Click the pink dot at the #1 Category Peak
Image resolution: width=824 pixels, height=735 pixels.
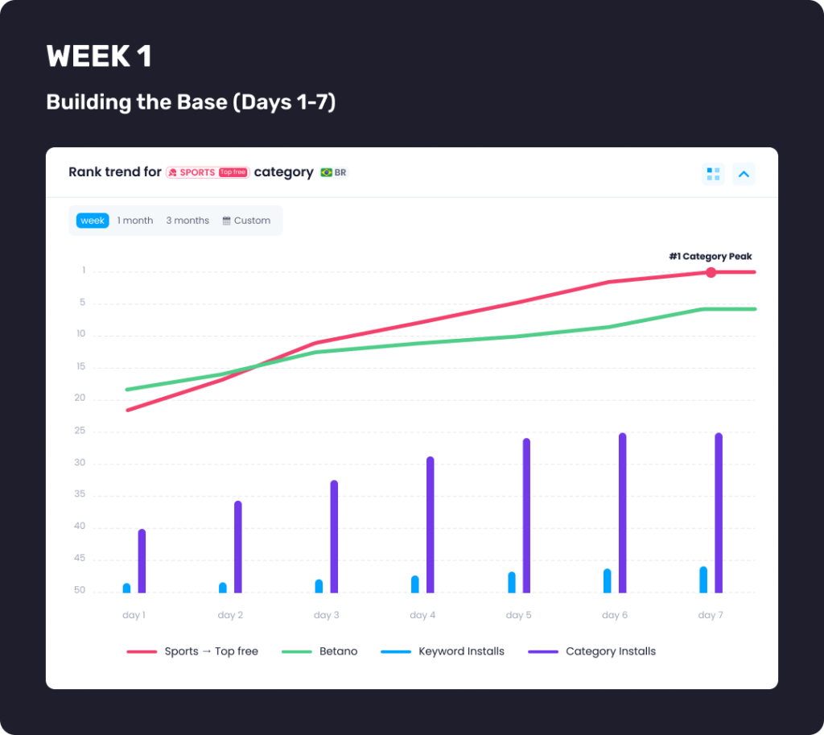pyautogui.click(x=711, y=272)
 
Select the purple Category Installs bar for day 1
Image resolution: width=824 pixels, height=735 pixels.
pyautogui.click(x=142, y=561)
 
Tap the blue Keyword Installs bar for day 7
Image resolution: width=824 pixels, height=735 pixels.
pyautogui.click(x=703, y=580)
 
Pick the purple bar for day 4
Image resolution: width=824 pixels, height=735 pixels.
pyautogui.click(x=431, y=525)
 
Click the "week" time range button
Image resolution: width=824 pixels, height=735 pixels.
pyautogui.click(x=93, y=221)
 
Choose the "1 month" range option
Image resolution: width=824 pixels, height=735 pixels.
pyautogui.click(x=135, y=221)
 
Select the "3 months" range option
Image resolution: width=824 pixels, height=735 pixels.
pyautogui.click(x=187, y=221)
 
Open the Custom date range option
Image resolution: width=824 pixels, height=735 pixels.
pyautogui.click(x=246, y=221)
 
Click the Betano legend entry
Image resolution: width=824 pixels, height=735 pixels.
pyautogui.click(x=338, y=651)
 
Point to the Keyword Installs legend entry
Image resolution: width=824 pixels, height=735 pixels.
pyautogui.click(x=461, y=651)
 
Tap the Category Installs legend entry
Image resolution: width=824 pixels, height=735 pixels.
pyautogui.click(x=610, y=651)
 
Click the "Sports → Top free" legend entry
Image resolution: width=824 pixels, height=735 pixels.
pyautogui.click(x=211, y=651)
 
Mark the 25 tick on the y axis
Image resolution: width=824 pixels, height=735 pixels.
pyautogui.click(x=80, y=432)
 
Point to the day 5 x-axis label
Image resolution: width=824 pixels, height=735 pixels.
pyautogui.click(x=518, y=615)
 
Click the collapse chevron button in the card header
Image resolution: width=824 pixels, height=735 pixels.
pyautogui.click(x=744, y=174)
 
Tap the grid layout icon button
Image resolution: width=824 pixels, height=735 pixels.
pyautogui.click(x=713, y=174)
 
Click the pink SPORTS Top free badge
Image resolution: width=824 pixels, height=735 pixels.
pyautogui.click(x=208, y=172)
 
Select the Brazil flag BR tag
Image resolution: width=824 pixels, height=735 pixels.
pyautogui.click(x=333, y=172)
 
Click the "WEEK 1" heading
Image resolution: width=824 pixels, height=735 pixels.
pyautogui.click(x=99, y=56)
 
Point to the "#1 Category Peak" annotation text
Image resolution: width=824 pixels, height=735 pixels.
pyautogui.click(x=711, y=257)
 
